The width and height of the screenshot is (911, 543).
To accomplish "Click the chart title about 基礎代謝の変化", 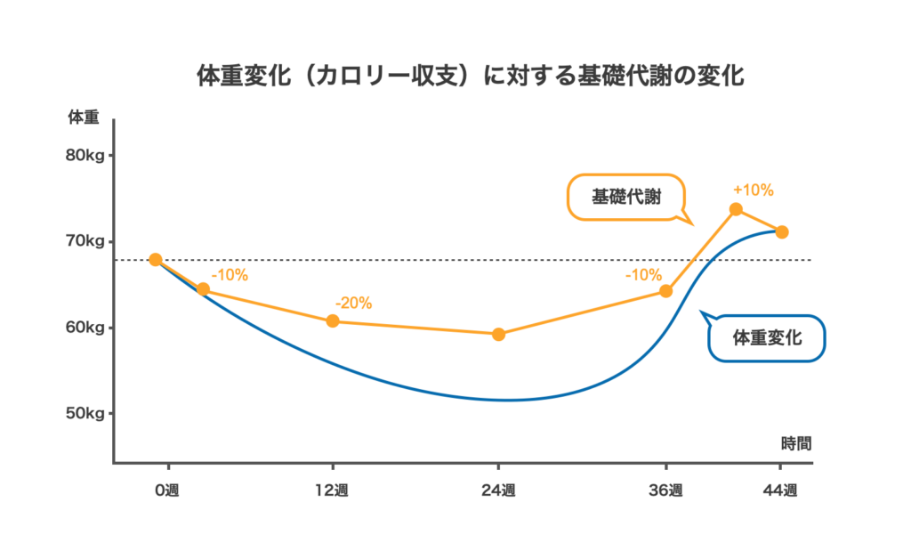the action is [470, 76].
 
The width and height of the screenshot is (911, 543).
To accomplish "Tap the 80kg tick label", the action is [85, 155].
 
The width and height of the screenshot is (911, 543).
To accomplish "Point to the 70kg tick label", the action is [85, 240].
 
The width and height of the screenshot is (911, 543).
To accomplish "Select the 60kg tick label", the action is [85, 328].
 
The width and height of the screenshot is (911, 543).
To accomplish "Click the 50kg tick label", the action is [85, 413].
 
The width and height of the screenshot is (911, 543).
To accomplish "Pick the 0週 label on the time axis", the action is [166, 490].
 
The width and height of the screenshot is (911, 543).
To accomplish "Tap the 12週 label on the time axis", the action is [332, 490].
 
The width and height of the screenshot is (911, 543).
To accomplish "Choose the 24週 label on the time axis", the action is [498, 490].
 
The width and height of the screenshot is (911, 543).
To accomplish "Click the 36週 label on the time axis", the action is [665, 490].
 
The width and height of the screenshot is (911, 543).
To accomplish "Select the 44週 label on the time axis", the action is [780, 490].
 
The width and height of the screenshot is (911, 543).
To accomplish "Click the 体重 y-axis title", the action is [84, 118].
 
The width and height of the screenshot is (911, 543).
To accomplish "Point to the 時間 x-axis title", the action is [796, 444].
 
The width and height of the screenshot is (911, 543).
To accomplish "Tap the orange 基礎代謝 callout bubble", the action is [626, 197].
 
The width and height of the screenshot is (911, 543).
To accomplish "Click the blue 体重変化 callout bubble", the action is [766, 337].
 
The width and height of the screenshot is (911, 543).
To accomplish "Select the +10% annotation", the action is [753, 190].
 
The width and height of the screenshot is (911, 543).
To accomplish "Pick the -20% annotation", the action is [353, 303].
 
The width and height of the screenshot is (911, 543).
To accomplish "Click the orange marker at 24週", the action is [498, 335].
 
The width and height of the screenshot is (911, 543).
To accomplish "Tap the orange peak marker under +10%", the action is [736, 209].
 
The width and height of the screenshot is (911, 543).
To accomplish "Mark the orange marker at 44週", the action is [782, 232].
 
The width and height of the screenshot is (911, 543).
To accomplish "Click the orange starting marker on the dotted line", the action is [155, 260].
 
